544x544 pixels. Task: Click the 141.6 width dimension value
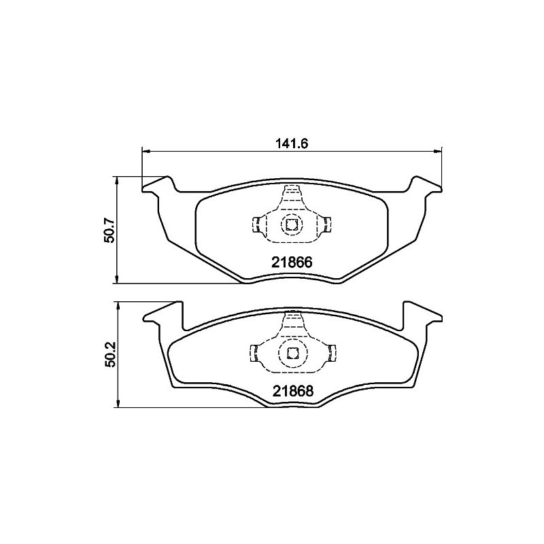(x=292, y=143)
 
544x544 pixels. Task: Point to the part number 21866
(x=292, y=262)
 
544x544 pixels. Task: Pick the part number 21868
(x=293, y=391)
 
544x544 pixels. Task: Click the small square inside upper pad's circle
(x=290, y=225)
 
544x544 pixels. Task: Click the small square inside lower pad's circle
(x=292, y=353)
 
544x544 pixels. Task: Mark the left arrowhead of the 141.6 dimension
(x=146, y=151)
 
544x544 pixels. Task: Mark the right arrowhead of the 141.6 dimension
(x=438, y=151)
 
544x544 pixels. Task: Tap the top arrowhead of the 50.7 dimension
(x=118, y=180)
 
